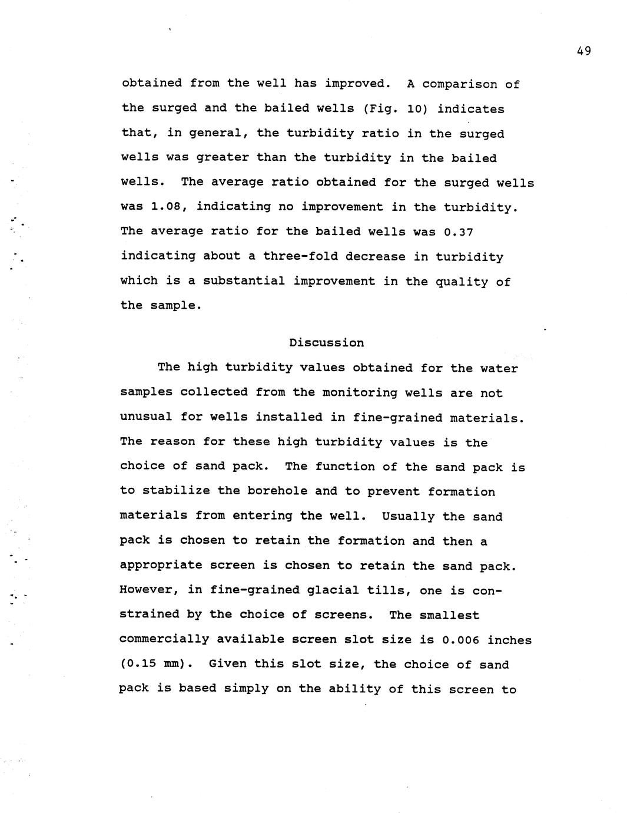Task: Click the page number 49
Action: [x=583, y=51]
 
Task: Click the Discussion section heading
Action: [x=326, y=343]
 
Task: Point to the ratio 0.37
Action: [x=458, y=232]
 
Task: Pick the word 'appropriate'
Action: [x=157, y=566]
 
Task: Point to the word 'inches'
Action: [x=509, y=640]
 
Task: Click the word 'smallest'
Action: [x=449, y=615]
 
